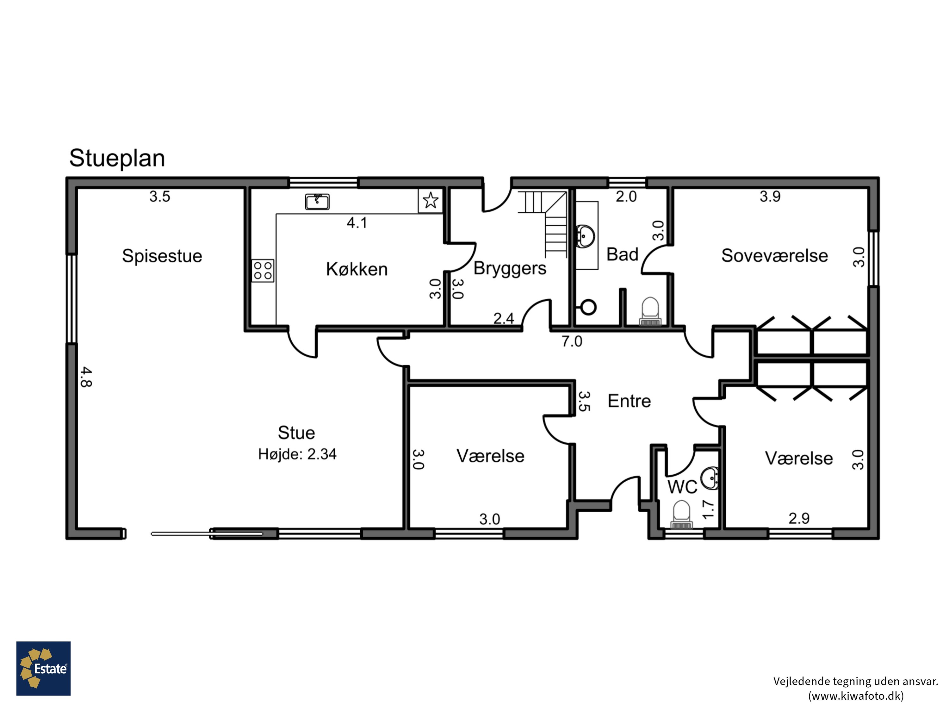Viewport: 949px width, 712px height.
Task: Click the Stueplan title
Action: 117,158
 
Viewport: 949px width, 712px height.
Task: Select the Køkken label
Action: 357,269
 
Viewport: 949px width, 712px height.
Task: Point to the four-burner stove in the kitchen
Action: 263,270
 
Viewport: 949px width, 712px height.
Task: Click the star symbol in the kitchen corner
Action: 430,200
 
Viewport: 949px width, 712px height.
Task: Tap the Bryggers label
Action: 510,269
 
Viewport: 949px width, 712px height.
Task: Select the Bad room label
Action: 622,254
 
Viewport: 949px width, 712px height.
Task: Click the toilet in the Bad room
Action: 650,312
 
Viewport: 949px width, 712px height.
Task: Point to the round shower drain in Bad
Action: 588,307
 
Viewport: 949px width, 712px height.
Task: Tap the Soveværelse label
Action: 774,256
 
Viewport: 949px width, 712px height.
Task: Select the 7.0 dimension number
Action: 572,342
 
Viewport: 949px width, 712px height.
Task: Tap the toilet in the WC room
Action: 681,515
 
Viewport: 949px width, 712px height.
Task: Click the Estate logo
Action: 43,668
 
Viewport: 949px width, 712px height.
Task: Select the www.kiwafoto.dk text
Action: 856,696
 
